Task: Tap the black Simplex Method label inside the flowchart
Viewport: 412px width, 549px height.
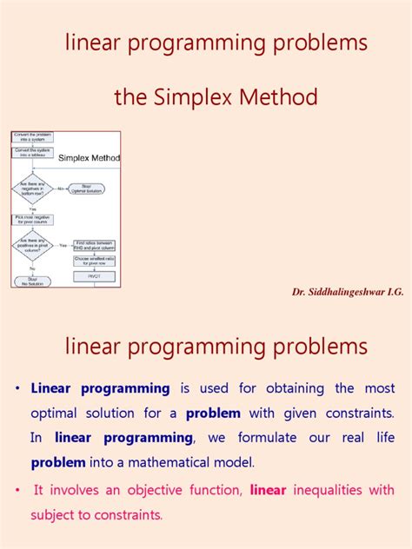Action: pyautogui.click(x=89, y=158)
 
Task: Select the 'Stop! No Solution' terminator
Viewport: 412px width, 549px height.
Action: pyautogui.click(x=31, y=281)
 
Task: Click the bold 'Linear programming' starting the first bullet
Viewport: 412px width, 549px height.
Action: pyautogui.click(x=100, y=388)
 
